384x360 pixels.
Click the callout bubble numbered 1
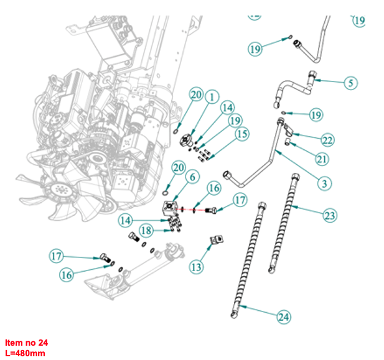coord(212,97)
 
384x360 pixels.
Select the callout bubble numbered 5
coord(350,83)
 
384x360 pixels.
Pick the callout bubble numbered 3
coord(325,183)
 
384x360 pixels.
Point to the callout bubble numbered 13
coord(196,267)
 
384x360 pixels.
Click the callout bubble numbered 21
coord(321,159)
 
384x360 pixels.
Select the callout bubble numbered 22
coord(327,138)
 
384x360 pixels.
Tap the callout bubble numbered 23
coord(330,216)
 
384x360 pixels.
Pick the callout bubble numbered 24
coord(284,317)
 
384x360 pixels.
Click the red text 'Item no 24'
coord(26,343)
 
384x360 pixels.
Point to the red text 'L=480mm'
coord(25,353)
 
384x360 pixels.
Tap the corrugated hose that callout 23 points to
coord(282,224)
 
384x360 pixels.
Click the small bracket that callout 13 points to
coord(218,240)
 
